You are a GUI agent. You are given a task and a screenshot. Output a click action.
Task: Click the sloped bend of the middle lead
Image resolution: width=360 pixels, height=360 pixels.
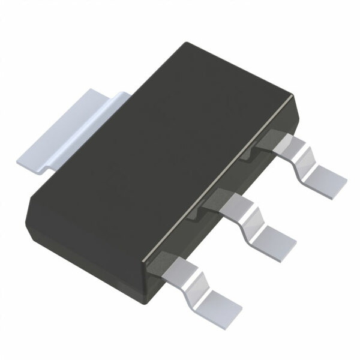pyautogui.click(x=251, y=220)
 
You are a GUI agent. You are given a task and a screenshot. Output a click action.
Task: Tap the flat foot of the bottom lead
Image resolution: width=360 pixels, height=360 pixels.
pyautogui.click(x=221, y=303)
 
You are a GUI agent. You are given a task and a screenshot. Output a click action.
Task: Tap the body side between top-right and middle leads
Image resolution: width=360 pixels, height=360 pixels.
pyautogui.click(x=240, y=180)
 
